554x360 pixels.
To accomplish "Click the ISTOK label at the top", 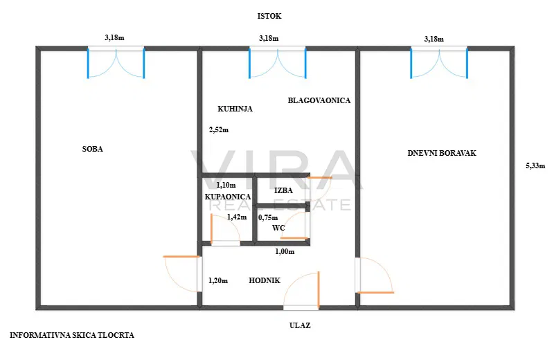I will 269,15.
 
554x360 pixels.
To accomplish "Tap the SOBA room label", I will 92,149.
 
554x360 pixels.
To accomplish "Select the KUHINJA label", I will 235,109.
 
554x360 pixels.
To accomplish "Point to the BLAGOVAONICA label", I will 319,100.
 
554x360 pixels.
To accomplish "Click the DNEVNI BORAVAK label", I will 442,153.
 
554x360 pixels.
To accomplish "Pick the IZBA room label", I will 283,190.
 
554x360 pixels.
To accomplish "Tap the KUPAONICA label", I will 227,197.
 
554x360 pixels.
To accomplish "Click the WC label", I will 278,227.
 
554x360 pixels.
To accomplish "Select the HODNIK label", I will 265,280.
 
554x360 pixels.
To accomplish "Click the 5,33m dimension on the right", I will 535,165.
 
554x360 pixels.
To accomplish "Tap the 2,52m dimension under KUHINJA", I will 219,129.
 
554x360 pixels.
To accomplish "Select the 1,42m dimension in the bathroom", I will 237,217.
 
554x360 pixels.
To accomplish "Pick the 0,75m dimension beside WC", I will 268,217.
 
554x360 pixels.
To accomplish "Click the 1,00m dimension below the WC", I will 285,251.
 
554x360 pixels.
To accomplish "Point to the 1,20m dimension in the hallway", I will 218,281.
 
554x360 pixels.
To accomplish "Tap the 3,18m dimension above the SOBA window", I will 114,38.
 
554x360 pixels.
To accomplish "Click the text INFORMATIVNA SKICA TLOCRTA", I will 72,335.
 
